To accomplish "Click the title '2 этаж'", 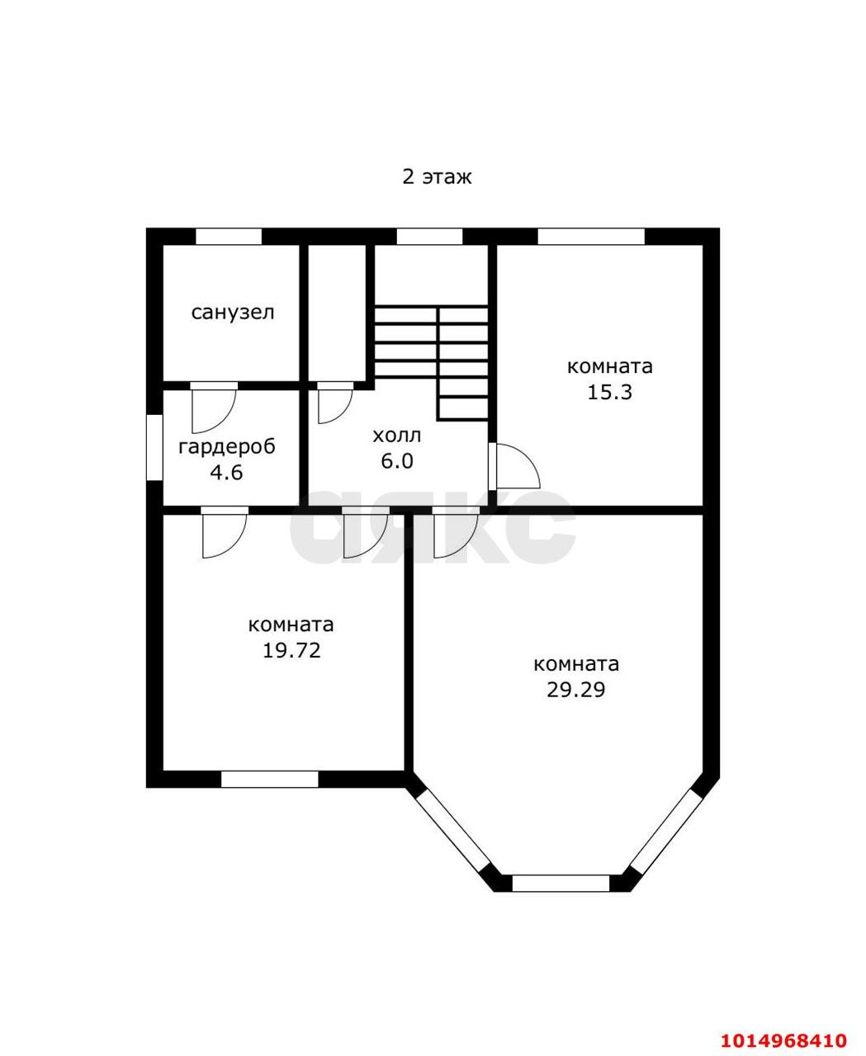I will tap(437, 177).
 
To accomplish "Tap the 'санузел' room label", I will tap(233, 313).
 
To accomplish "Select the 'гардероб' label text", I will tap(227, 447).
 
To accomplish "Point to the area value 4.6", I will tap(226, 474).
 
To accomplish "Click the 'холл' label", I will tap(396, 435).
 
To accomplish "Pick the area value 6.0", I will tap(396, 461).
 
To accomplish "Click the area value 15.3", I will tap(609, 392).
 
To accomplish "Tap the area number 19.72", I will tap(291, 650).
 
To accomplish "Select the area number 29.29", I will tap(576, 690).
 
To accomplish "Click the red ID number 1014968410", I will tap(784, 1039).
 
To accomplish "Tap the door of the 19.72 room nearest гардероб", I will tap(224, 532).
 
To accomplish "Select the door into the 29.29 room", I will tap(455, 532).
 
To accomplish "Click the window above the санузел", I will tap(229, 237).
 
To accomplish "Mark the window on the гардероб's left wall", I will tap(154, 446).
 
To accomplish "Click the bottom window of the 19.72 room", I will tap(269, 779).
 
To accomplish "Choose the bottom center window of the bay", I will tap(561, 883).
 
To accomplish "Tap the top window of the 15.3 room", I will tap(590, 237).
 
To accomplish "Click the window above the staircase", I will tap(429, 237).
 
